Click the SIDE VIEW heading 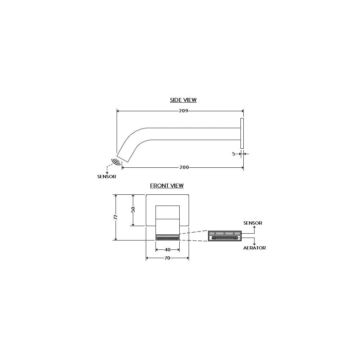pos(183,100)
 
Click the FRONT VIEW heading pos(167,185)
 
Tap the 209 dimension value pos(184,111)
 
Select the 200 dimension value pos(184,167)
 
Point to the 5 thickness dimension pos(234,154)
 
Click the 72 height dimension pos(116,217)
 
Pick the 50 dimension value pos(133,210)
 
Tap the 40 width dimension pos(168,249)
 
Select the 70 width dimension pos(167,258)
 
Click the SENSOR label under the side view pos(107,176)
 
